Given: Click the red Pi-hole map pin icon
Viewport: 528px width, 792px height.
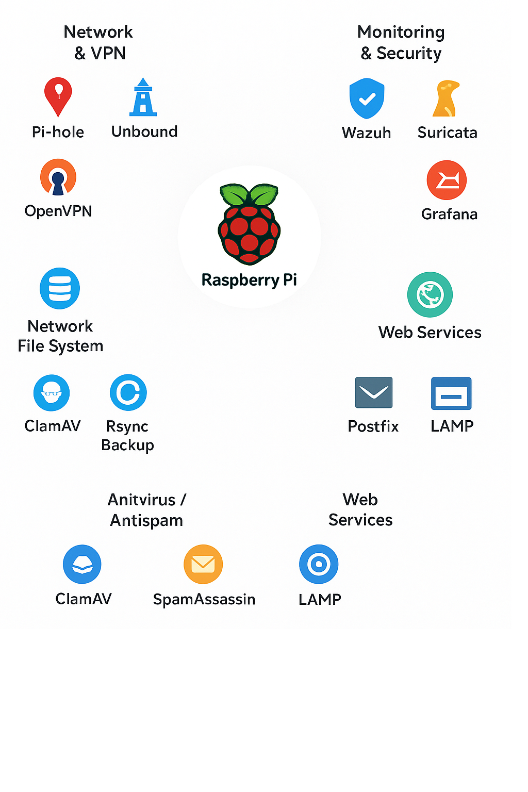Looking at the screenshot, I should coord(58,95).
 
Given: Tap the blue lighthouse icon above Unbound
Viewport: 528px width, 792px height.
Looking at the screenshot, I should coord(143,97).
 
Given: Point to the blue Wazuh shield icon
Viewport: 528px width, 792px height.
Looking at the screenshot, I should coord(367,98).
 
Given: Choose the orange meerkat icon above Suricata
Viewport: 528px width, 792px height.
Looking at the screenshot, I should coord(446,98).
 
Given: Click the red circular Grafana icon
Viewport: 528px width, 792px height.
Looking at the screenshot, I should coord(447,180).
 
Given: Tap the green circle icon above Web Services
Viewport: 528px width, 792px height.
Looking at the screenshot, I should coord(430,294).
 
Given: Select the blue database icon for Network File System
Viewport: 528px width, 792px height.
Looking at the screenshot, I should coord(60,288).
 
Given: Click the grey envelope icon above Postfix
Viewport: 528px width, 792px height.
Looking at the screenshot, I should coord(374,392).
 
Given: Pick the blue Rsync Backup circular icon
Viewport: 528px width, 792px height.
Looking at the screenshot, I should coord(128,392).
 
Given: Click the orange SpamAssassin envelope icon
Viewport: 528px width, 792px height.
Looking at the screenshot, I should coord(203,564).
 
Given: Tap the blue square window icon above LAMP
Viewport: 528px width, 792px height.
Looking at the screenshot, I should coord(451,393).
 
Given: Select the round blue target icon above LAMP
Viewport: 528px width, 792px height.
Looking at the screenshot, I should coord(319,564).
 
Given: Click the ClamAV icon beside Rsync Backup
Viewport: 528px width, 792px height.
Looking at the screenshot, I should coord(52,393).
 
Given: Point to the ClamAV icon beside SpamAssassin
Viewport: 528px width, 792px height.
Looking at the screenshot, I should coord(82,564).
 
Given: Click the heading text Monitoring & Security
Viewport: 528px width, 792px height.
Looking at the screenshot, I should coord(401,42).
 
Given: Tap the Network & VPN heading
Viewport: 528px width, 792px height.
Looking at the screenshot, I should coord(98,42).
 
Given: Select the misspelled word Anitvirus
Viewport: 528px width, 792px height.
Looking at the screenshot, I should coord(141,500).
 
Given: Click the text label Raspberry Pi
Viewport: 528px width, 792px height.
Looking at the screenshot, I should coord(249,280).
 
